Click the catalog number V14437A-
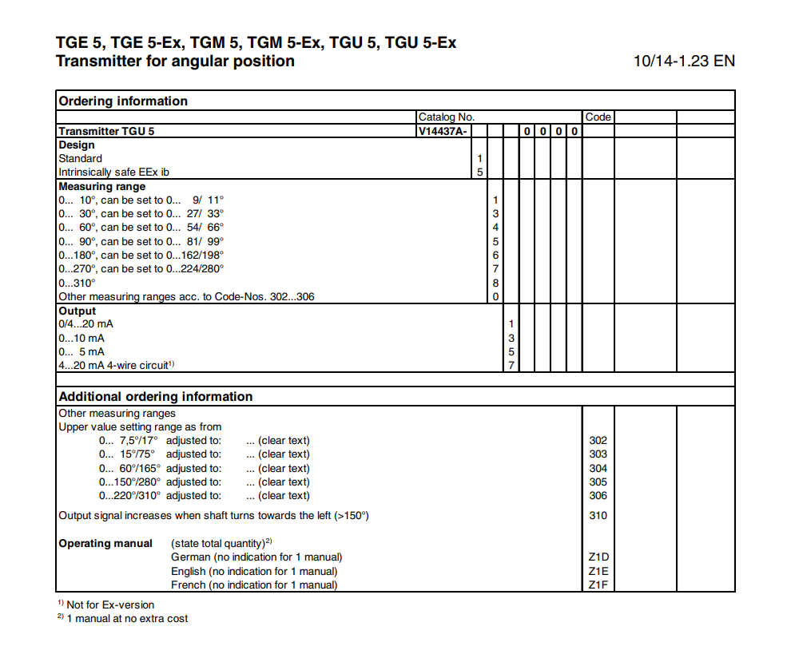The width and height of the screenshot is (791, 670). coord(442,131)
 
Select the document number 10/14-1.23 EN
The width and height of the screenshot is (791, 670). coord(684,61)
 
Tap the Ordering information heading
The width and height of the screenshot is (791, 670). coord(123,101)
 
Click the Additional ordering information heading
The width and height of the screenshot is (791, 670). coord(156,396)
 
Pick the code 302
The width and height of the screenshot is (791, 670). coord(598,440)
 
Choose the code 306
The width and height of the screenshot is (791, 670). coord(598,495)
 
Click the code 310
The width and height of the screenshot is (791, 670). coord(598,515)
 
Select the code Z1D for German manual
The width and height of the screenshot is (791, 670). coord(598,557)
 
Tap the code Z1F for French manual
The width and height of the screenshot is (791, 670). coord(598,585)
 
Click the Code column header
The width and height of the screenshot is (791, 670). coord(598,117)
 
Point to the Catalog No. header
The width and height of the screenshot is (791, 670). coord(447,117)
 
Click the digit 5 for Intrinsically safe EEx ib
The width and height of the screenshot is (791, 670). coord(480,172)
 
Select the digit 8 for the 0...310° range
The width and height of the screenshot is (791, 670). coord(495,283)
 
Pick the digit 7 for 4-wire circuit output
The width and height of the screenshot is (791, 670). coord(511,365)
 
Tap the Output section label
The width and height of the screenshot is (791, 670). coord(77,311)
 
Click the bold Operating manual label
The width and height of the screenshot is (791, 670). coord(105,543)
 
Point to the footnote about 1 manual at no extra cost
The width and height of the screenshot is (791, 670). coord(127,618)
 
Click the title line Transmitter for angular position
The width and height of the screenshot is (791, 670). coord(175,61)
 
